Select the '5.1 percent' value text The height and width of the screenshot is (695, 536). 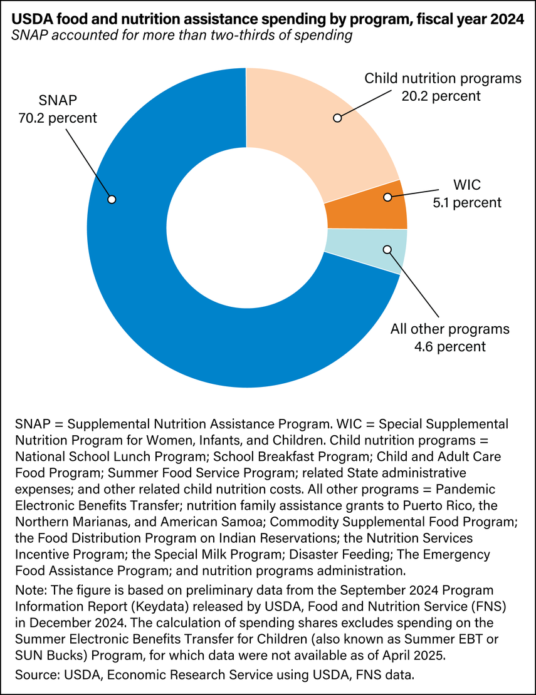pyautogui.click(x=467, y=202)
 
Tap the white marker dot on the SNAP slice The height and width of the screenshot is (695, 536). pyautogui.click(x=112, y=199)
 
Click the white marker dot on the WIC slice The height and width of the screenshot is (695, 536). pyautogui.click(x=387, y=197)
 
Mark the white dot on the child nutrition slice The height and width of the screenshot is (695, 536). pyautogui.click(x=337, y=117)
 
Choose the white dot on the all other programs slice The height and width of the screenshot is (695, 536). pyautogui.click(x=387, y=249)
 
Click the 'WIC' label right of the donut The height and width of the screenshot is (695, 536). pyautogui.click(x=467, y=186)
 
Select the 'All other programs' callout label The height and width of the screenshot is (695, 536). pyautogui.click(x=450, y=329)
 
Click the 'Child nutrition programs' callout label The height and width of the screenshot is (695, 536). pyautogui.click(x=443, y=79)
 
